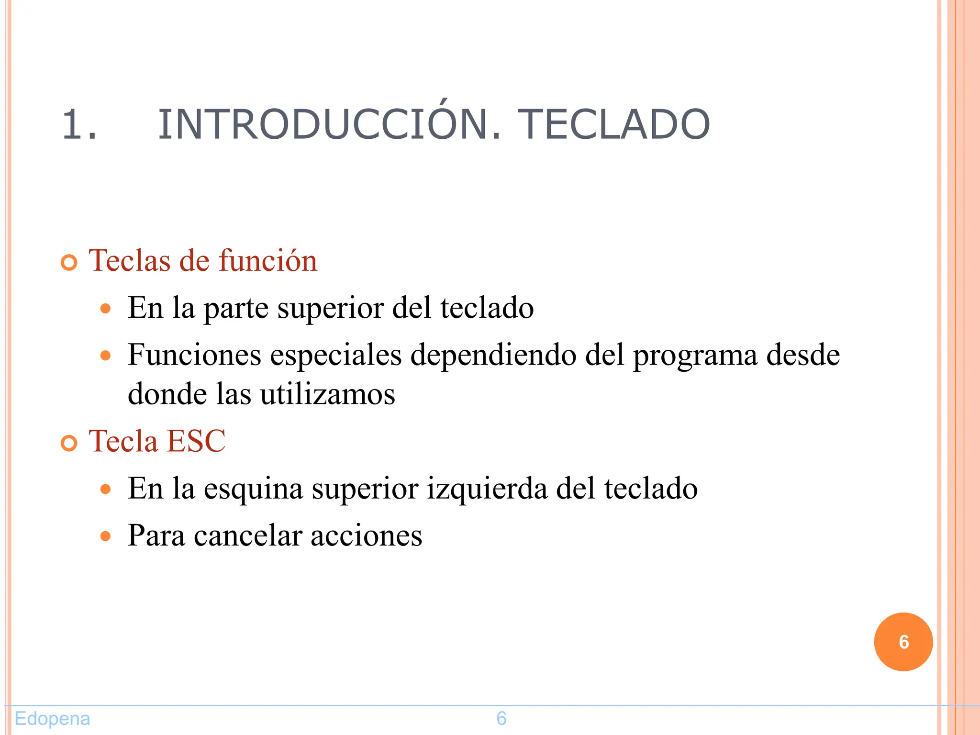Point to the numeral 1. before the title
pos(79,124)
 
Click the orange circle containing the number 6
pos(903,642)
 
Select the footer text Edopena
pos(52,718)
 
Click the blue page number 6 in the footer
pos(501,718)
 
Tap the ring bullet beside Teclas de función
pos(69,263)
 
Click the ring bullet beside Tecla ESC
pos(69,443)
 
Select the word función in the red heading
pos(268,261)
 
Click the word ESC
pos(196,441)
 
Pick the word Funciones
pos(194,355)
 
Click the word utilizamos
pos(328,394)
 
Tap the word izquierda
pos(487,489)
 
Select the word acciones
pos(367,536)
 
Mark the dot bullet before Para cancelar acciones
pos(106,536)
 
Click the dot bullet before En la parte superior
pos(106,309)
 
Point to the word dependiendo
pos(493,356)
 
